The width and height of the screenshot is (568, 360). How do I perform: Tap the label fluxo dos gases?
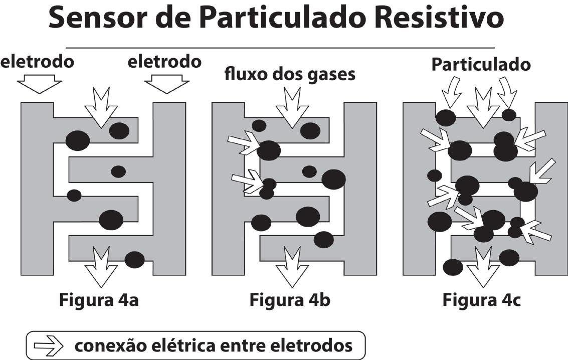290,74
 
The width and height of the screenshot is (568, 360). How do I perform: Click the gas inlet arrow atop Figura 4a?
101,107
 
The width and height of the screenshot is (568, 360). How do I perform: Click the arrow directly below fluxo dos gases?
291,107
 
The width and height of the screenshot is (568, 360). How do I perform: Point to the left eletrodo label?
38,62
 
